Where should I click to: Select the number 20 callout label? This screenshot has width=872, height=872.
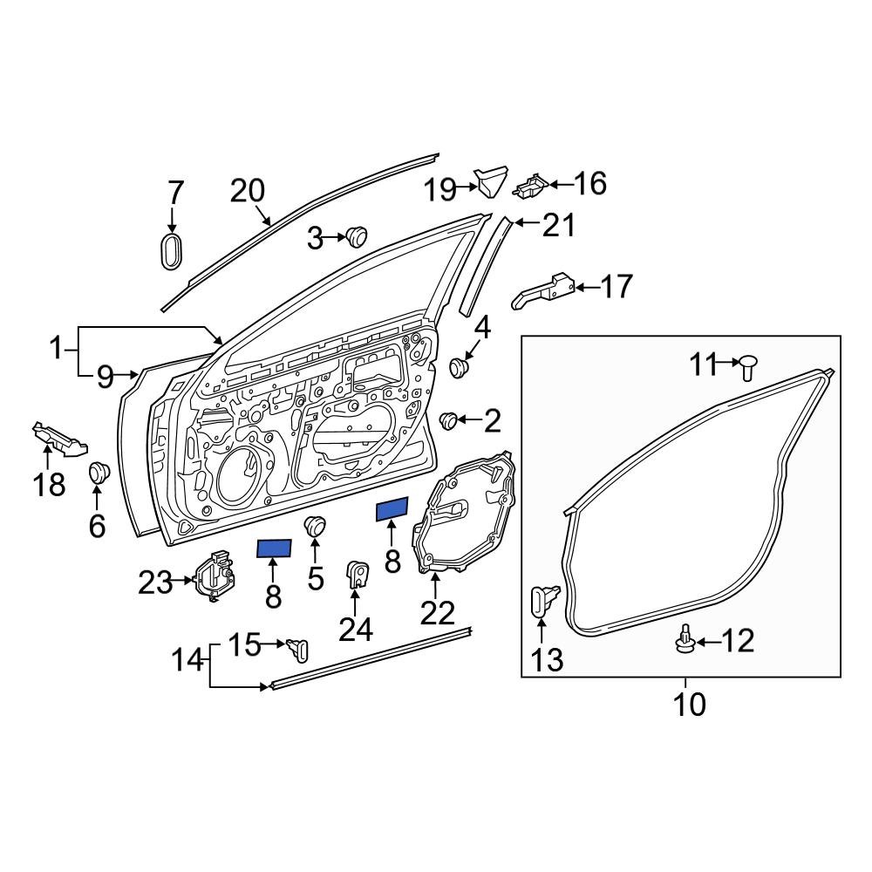pyautogui.click(x=249, y=189)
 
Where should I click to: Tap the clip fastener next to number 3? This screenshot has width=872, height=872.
pyautogui.click(x=356, y=235)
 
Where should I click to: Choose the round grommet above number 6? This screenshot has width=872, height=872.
pyautogui.click(x=98, y=473)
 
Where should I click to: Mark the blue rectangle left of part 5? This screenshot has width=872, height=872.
pyautogui.click(x=274, y=548)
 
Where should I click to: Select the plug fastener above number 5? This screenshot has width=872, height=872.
pyautogui.click(x=314, y=526)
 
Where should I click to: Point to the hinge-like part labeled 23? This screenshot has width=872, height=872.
pyautogui.click(x=215, y=577)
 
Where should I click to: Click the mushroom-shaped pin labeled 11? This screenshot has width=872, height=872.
pyautogui.click(x=747, y=366)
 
